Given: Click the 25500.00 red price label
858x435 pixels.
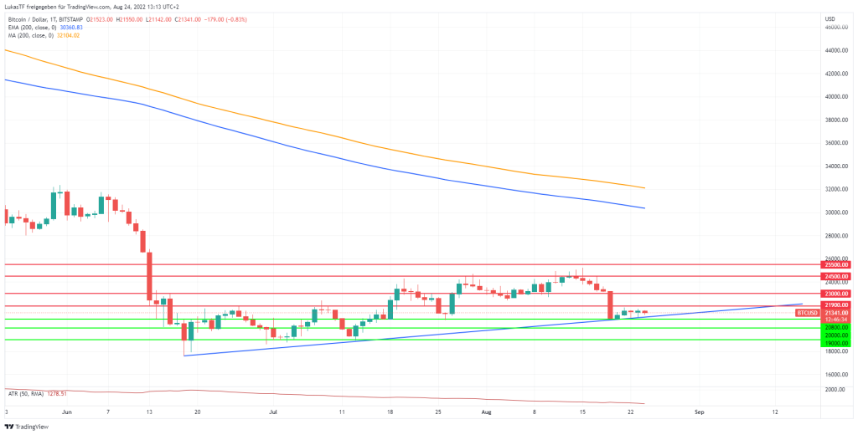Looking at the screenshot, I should [x=836, y=264].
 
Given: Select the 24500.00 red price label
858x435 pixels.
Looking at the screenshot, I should [x=836, y=276].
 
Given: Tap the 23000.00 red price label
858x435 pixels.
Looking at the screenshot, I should [x=836, y=294].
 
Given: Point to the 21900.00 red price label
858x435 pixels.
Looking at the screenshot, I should [x=836, y=306].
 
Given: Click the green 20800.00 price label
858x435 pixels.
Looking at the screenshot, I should [x=836, y=328].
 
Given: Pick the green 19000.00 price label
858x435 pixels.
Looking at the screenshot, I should [x=836, y=343].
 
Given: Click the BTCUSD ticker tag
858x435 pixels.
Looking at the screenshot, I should [x=807, y=312].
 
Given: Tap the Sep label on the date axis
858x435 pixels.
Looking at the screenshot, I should [x=700, y=412].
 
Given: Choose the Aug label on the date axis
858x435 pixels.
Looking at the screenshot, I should [x=486, y=412].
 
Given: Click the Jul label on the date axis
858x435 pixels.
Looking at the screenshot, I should [x=273, y=412].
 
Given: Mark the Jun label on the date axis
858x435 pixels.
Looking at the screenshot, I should [x=66, y=412].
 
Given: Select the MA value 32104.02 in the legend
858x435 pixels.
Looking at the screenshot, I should [x=67, y=34].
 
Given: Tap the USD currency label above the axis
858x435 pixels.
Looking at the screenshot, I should [x=830, y=18].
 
